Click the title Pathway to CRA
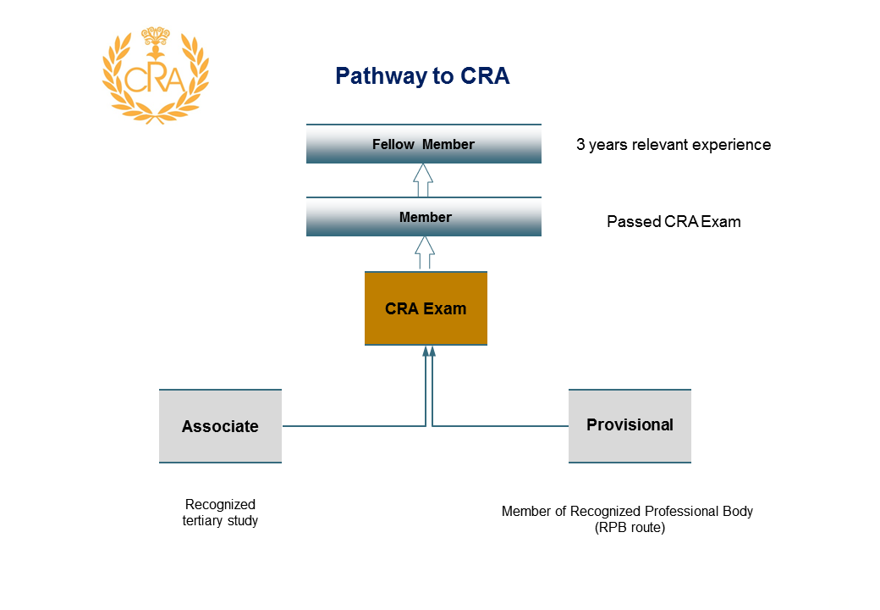[x=422, y=76]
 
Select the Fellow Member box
[x=424, y=144]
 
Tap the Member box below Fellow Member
[x=424, y=217]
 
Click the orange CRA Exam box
[x=426, y=308]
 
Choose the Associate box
[x=220, y=426]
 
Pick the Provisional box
[x=630, y=426]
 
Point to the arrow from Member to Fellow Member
[x=423, y=180]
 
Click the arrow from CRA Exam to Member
[x=425, y=252]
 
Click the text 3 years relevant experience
[x=674, y=145]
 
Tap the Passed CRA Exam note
[x=674, y=222]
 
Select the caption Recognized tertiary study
[x=220, y=513]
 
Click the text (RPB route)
[x=630, y=528]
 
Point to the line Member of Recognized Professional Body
[x=627, y=511]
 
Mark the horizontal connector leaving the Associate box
[x=354, y=426]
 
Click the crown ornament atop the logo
[x=156, y=36]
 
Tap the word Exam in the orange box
[x=445, y=309]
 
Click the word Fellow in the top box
[x=393, y=144]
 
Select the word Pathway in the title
[x=381, y=76]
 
